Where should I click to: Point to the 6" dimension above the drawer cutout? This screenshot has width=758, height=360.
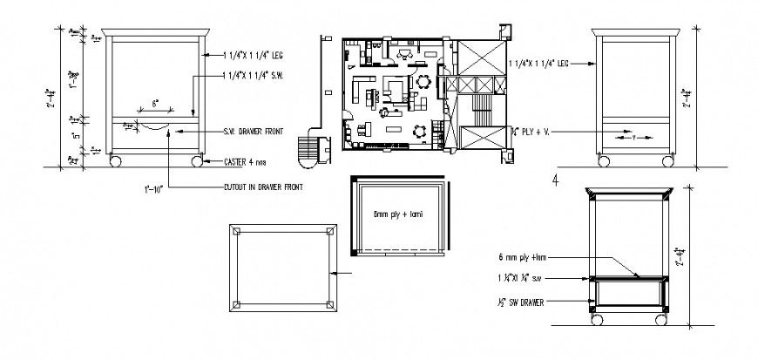pos(155,104)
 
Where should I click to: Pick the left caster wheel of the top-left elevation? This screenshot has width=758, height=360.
pos(114,161)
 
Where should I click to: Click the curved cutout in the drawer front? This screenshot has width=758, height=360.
pos(155,127)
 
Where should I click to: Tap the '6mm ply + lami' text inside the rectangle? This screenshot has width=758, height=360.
pos(397,214)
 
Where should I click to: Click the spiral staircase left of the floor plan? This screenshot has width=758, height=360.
pos(308,151)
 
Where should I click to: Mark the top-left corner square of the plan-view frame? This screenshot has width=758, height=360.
pos(236,231)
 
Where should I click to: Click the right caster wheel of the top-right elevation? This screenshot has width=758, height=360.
pos(667,161)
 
